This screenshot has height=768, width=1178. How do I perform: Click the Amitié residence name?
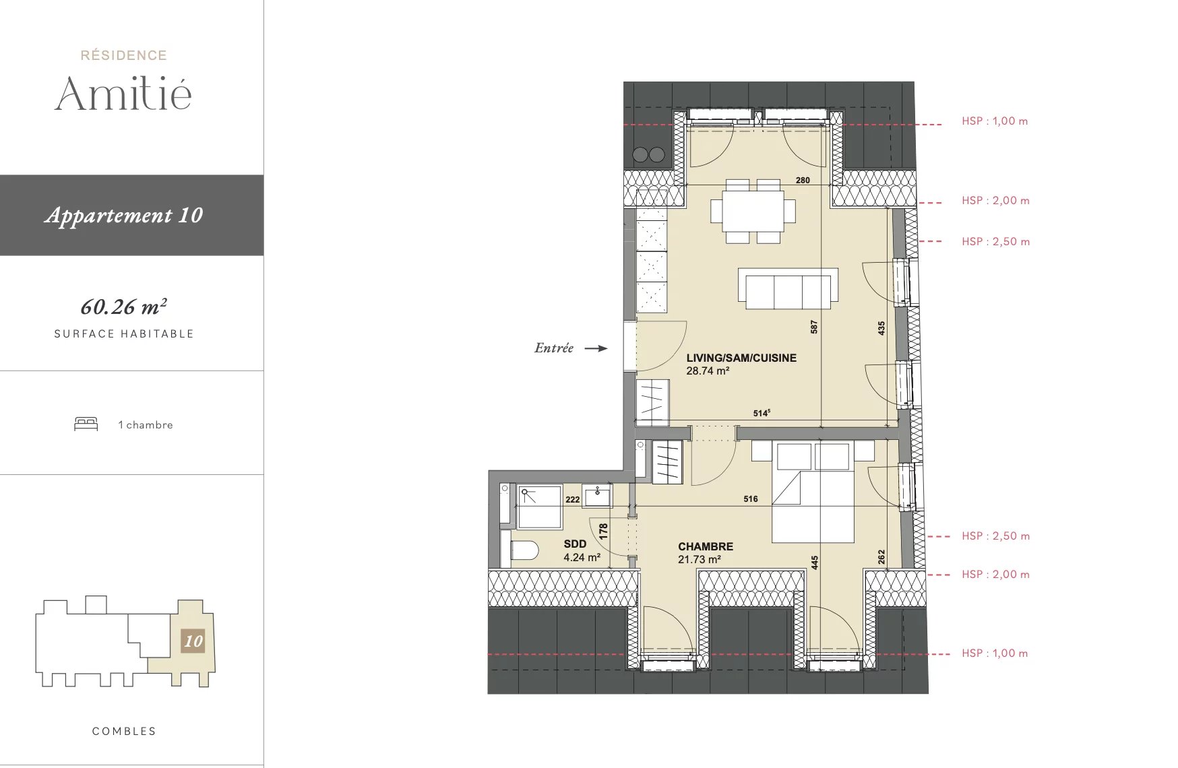coord(123,93)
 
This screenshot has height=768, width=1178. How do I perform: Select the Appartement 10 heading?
coord(124,215)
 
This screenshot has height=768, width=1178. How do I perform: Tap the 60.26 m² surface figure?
coord(124,307)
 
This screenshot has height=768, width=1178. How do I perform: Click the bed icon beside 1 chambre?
coord(86,424)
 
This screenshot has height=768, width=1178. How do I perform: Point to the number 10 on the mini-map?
coord(193,641)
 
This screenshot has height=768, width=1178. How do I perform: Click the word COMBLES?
coord(124,731)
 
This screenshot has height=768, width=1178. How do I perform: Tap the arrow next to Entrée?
coord(596,348)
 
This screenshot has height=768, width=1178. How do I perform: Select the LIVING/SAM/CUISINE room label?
coord(741,358)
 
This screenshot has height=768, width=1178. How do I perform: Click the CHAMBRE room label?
coord(706,546)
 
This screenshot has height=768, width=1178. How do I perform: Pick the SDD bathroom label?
coord(575,544)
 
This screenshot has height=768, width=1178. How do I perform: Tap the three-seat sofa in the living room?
coord(788,288)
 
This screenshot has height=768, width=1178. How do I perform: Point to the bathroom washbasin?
coord(597,497)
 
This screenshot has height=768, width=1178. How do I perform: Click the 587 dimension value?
coord(814,327)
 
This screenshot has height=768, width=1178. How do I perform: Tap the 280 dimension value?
coord(803,180)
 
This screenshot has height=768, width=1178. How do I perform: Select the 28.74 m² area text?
coord(708,371)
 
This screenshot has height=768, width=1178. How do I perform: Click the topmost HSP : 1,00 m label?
coord(995,121)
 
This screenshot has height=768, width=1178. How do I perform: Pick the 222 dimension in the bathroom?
coord(573,499)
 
